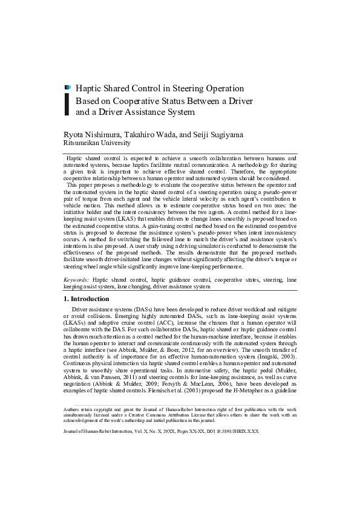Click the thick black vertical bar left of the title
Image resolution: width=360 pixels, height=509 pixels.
67,104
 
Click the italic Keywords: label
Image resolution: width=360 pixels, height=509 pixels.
77,280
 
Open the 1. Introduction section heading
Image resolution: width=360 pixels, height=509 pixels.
87,299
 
